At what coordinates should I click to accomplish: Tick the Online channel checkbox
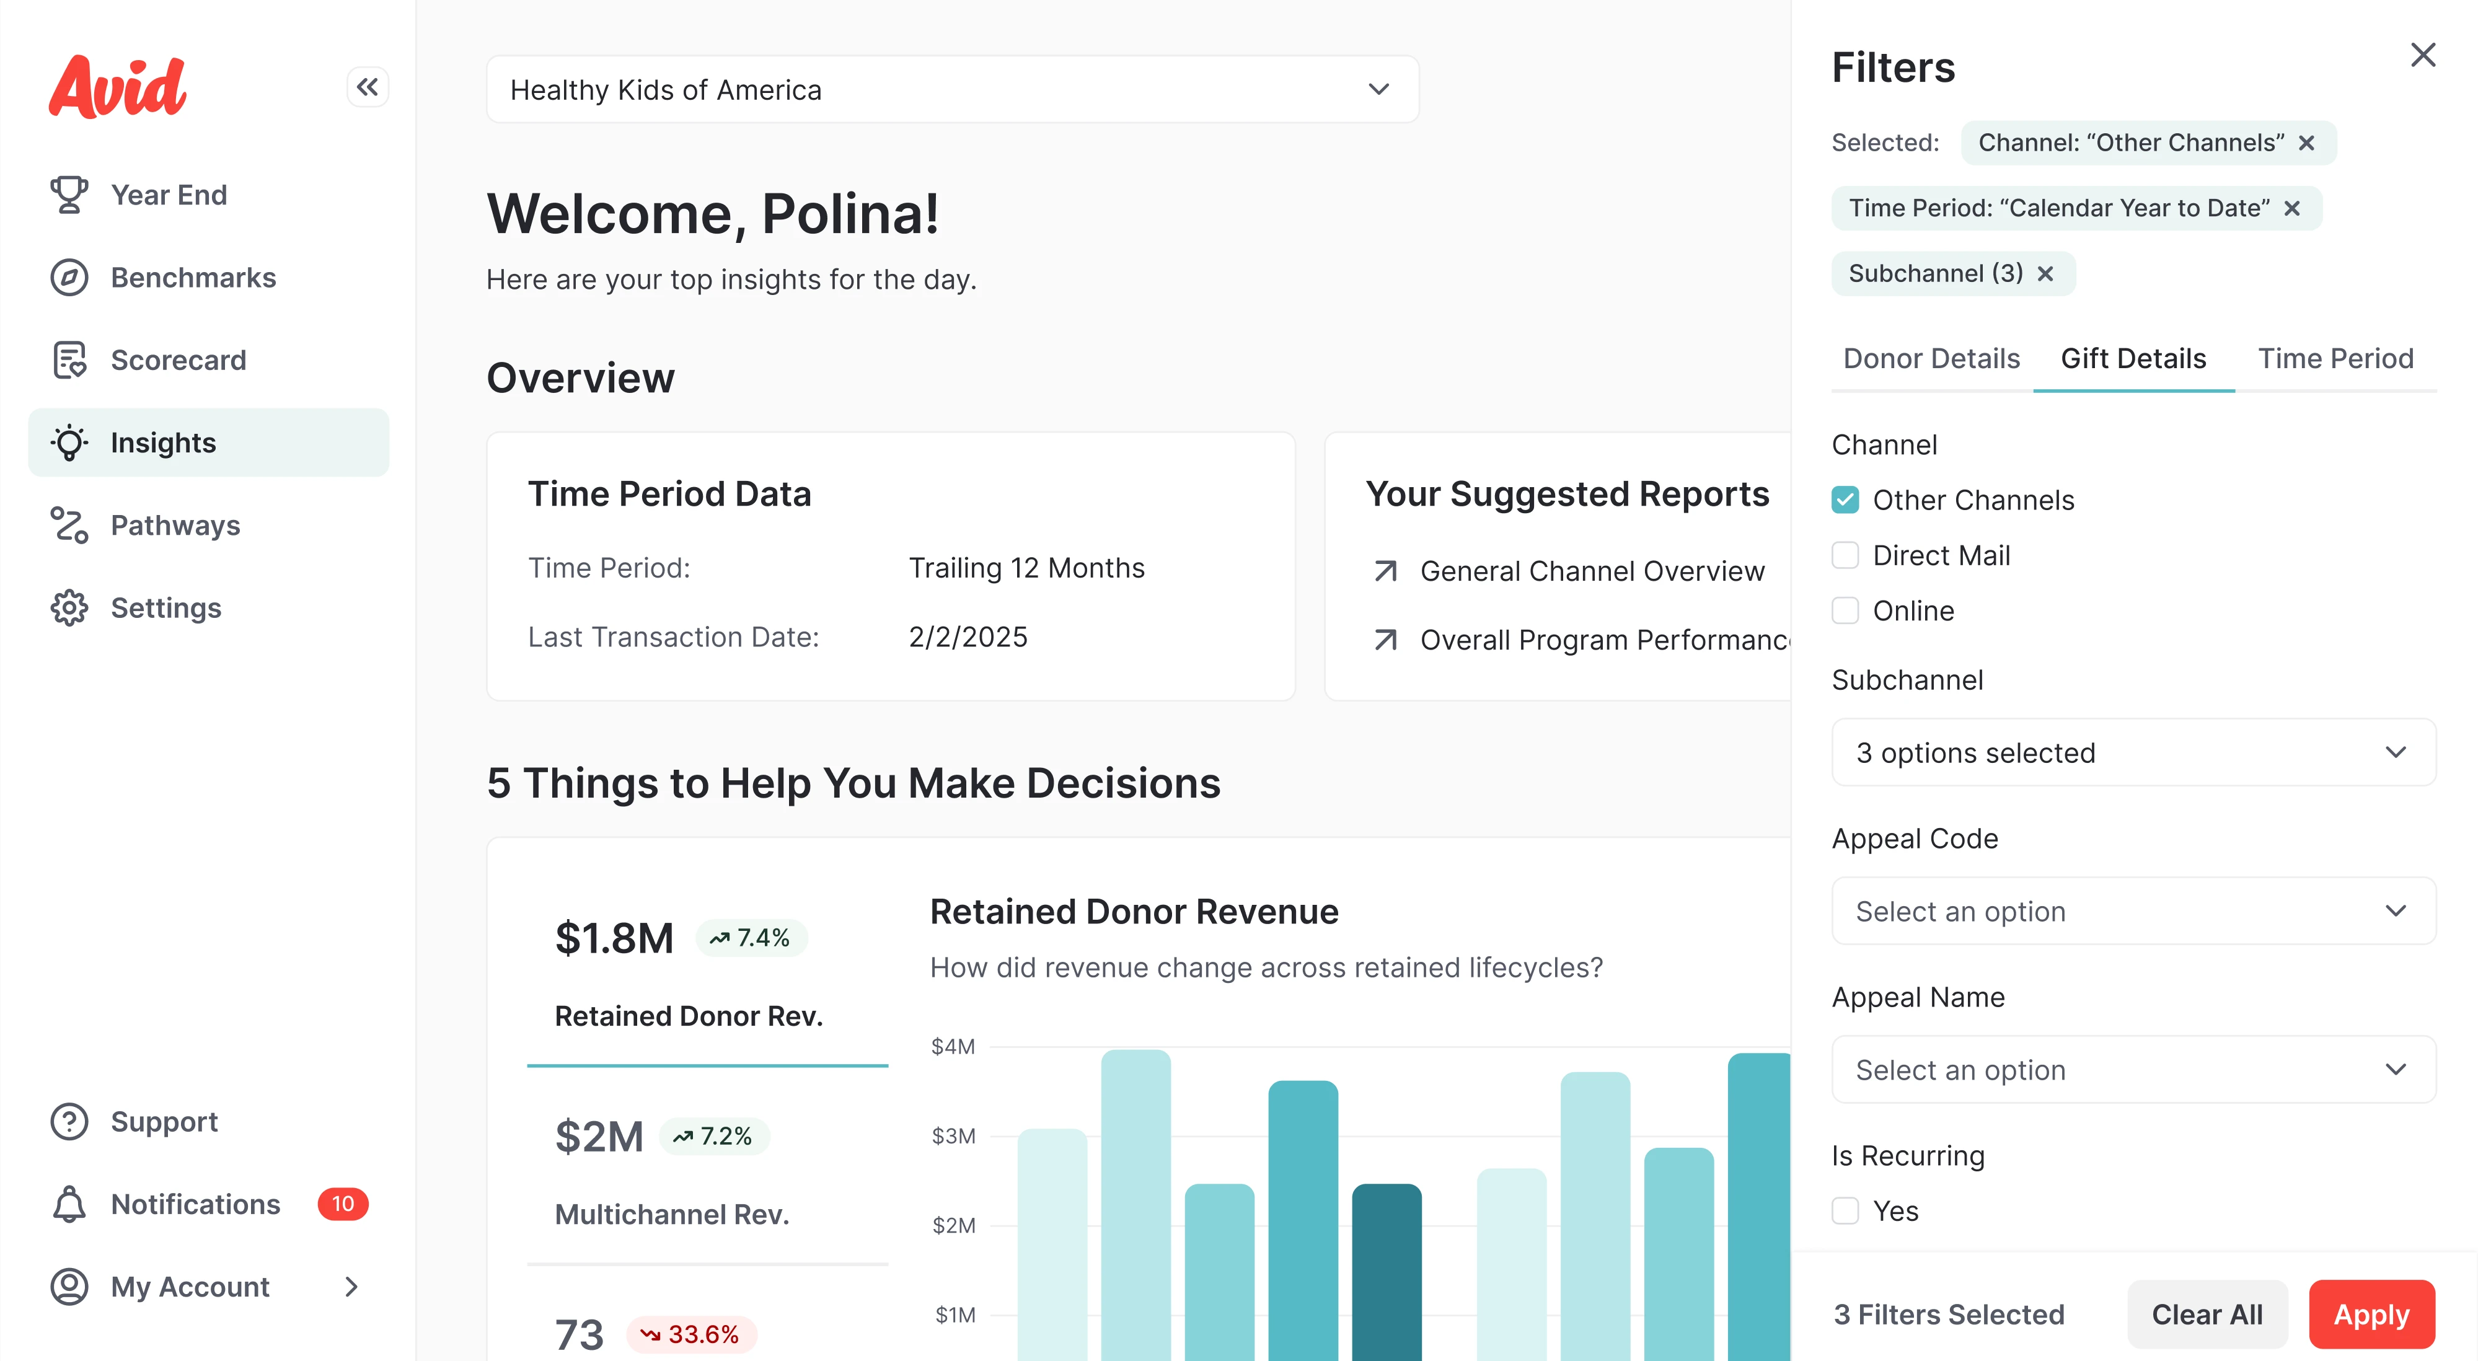point(1844,610)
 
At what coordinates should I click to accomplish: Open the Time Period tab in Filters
point(2335,359)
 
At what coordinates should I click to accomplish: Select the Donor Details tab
point(1931,359)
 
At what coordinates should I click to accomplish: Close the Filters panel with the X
point(2422,55)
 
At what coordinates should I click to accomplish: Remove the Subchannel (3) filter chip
point(2045,274)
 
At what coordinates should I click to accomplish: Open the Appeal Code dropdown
point(2133,911)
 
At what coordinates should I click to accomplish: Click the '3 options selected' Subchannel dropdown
point(2133,752)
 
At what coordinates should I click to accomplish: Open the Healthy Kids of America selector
point(951,89)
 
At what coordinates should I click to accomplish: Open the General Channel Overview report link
point(1592,571)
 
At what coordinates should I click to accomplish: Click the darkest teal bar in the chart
point(1386,1270)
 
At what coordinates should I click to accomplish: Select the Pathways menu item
point(175,525)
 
